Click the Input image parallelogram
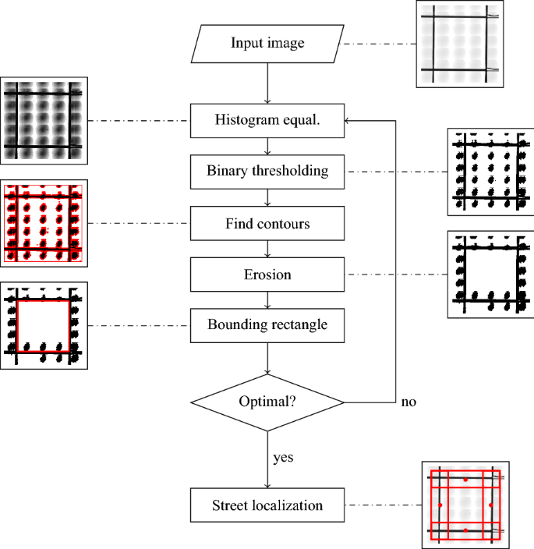pyautogui.click(x=267, y=43)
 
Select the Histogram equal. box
pyautogui.click(x=267, y=120)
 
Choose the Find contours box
pyautogui.click(x=267, y=224)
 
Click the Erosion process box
pyautogui.click(x=267, y=275)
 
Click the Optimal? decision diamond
pyautogui.click(x=267, y=402)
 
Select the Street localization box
pyautogui.click(x=267, y=505)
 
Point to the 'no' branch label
pyautogui.click(x=408, y=403)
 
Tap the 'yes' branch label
pyautogui.click(x=283, y=457)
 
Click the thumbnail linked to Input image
pyautogui.click(x=461, y=44)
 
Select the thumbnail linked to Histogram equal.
pyautogui.click(x=44, y=120)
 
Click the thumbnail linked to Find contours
pyautogui.click(x=44, y=224)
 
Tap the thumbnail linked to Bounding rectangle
pyautogui.click(x=44, y=326)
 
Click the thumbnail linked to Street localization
pyautogui.click(x=465, y=505)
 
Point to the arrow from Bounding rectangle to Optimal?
pyautogui.click(x=267, y=358)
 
